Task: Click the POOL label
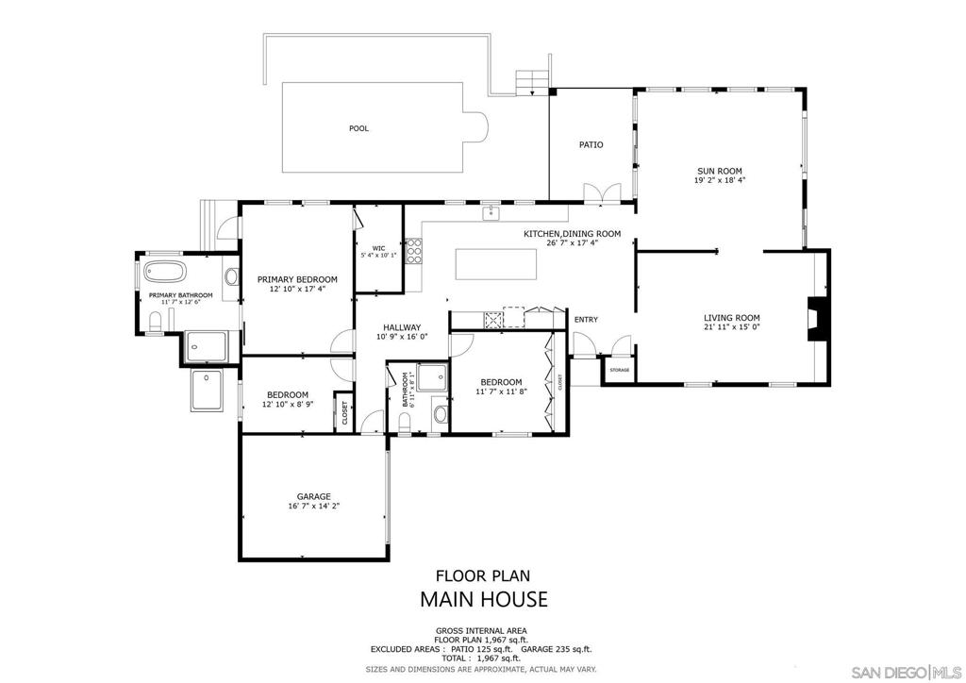click(358, 128)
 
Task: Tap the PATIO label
click(591, 144)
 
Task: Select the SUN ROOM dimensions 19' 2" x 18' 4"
click(720, 180)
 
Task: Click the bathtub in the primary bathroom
click(164, 272)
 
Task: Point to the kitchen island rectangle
click(496, 264)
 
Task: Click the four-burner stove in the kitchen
click(414, 251)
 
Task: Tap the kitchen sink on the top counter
click(491, 213)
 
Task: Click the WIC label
click(378, 248)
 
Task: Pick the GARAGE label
click(313, 496)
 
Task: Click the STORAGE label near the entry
click(619, 370)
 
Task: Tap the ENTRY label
click(586, 320)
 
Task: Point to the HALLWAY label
click(402, 327)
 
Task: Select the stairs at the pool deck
click(532, 83)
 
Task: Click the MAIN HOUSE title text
click(484, 599)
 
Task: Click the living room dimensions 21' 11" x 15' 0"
click(732, 327)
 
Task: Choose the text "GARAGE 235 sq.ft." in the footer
click(557, 649)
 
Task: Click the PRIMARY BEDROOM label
click(297, 279)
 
